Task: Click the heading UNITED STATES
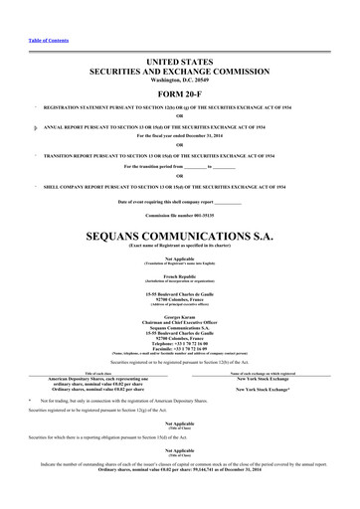point(179,62)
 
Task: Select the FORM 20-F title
point(179,93)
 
